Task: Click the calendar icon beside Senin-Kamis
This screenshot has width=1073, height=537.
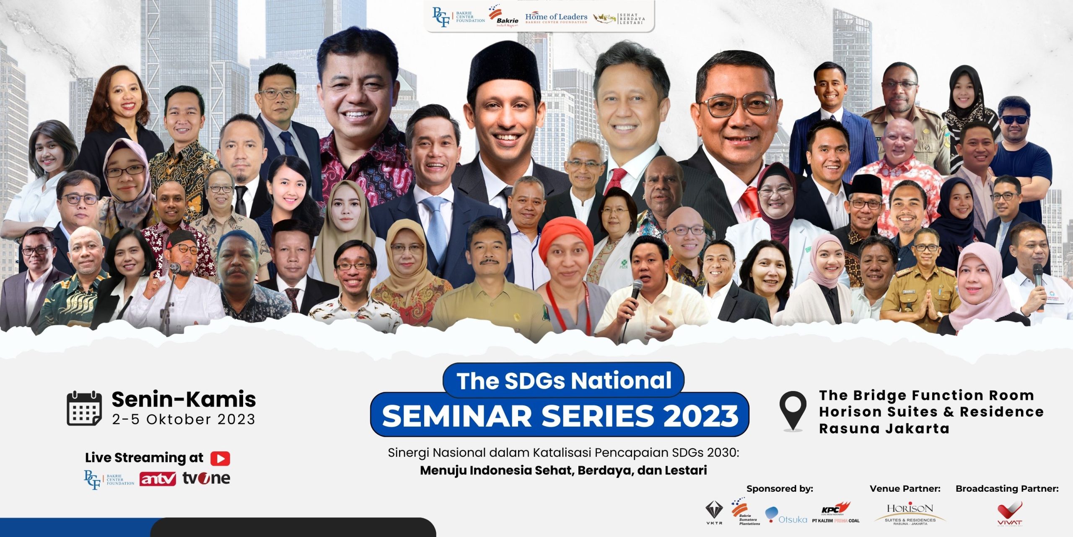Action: (x=84, y=408)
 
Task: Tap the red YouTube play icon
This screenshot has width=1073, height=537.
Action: (x=220, y=458)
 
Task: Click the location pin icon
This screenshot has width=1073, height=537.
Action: (x=793, y=411)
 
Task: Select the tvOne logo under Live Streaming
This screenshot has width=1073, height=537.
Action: (x=206, y=478)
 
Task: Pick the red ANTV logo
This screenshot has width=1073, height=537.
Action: (x=158, y=479)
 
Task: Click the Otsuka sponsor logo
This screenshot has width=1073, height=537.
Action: (x=786, y=516)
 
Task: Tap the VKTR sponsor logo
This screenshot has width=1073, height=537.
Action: (x=714, y=513)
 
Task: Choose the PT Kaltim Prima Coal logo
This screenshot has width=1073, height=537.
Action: (x=836, y=513)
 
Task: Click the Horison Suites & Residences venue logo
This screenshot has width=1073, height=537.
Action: (x=910, y=514)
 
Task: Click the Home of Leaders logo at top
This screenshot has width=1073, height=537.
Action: (x=556, y=18)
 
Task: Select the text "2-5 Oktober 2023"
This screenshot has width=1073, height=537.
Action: (x=184, y=420)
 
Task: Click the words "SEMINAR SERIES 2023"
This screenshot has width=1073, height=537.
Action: (x=560, y=415)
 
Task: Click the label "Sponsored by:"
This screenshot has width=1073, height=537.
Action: (x=780, y=489)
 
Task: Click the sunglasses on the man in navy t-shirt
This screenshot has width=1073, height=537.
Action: (x=1013, y=119)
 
